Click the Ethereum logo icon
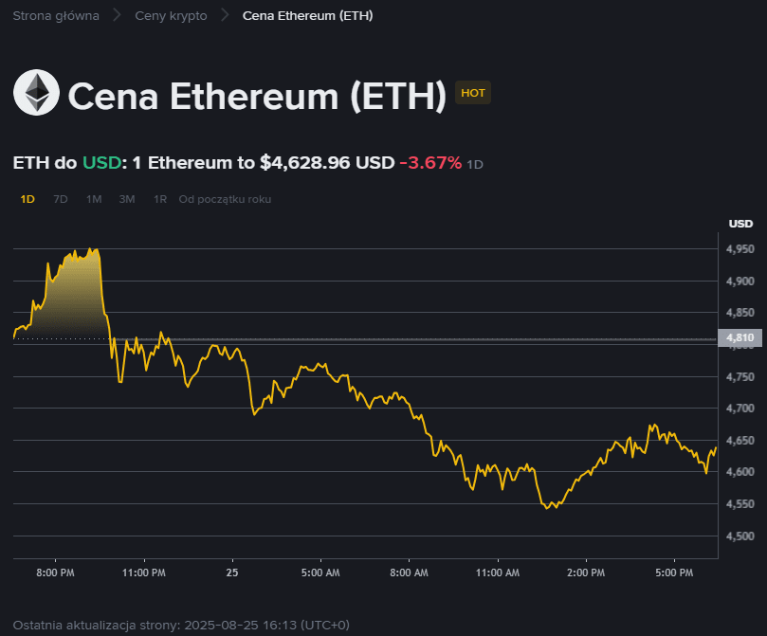(x=36, y=93)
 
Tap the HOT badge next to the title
(x=472, y=93)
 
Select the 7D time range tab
(x=61, y=199)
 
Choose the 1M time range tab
(x=94, y=199)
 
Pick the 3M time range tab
(x=127, y=199)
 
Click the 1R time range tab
(x=160, y=199)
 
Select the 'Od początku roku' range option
(x=225, y=199)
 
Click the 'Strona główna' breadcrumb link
(x=56, y=16)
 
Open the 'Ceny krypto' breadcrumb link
(x=171, y=16)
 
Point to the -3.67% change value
(x=430, y=163)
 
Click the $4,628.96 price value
(x=305, y=163)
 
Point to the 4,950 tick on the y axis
(x=740, y=248)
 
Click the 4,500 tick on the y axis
(x=740, y=536)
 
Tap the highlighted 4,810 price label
(x=740, y=337)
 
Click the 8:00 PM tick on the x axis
(x=55, y=572)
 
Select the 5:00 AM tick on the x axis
(x=320, y=572)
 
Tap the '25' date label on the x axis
(x=232, y=572)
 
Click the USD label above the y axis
(x=740, y=224)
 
